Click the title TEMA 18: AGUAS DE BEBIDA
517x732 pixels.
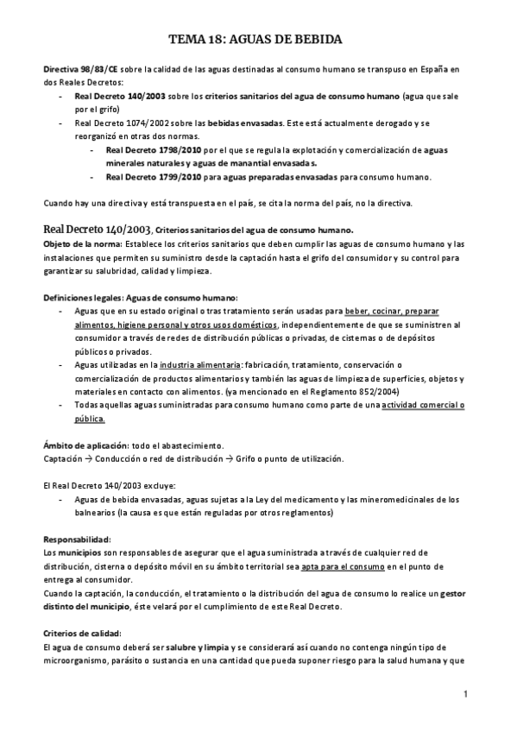click(x=257, y=40)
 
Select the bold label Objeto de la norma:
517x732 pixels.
click(x=81, y=244)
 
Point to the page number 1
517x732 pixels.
click(x=465, y=694)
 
